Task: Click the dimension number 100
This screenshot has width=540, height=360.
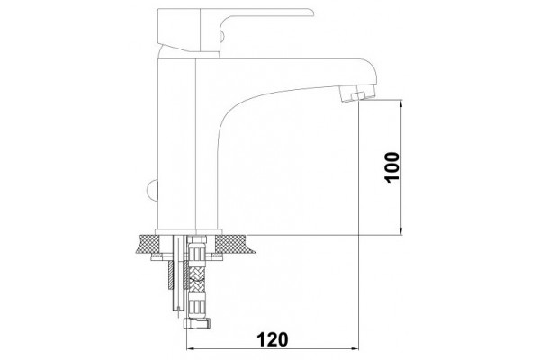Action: coord(392,167)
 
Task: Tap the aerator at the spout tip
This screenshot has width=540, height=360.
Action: coord(356,94)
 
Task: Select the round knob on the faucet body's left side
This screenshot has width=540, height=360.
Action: coord(152,190)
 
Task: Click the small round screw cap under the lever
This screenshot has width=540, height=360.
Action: coord(222,36)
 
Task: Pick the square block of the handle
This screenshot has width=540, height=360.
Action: coord(179,31)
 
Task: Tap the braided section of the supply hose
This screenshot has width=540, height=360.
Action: coord(196,279)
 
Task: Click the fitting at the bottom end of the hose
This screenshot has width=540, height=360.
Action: coord(197,323)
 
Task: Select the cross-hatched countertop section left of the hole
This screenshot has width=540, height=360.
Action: coord(148,244)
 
